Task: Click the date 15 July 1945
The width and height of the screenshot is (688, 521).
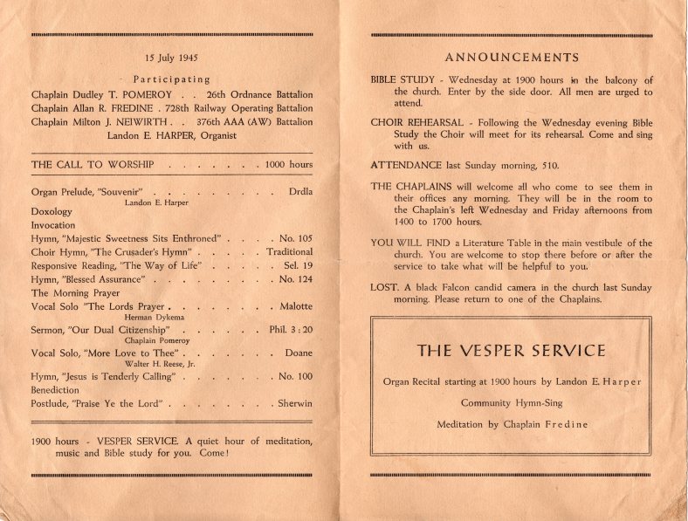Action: [x=172, y=58]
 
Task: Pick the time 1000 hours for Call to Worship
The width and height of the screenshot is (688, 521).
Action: [x=288, y=164]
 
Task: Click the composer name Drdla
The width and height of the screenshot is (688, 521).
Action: [x=300, y=191]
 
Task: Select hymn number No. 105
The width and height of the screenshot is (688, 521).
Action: [x=295, y=238]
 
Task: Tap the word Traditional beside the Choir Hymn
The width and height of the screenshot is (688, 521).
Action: [x=289, y=251]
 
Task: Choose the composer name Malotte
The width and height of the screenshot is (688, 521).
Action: [x=295, y=307]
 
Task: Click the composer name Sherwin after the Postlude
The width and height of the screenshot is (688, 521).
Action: [x=294, y=404]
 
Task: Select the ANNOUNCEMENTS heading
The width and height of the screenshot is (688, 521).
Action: [x=512, y=58]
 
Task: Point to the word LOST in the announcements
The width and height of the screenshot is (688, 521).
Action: [x=384, y=288]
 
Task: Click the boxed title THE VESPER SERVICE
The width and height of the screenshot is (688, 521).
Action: [x=511, y=351]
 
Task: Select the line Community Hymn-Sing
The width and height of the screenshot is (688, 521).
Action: [x=511, y=403]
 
